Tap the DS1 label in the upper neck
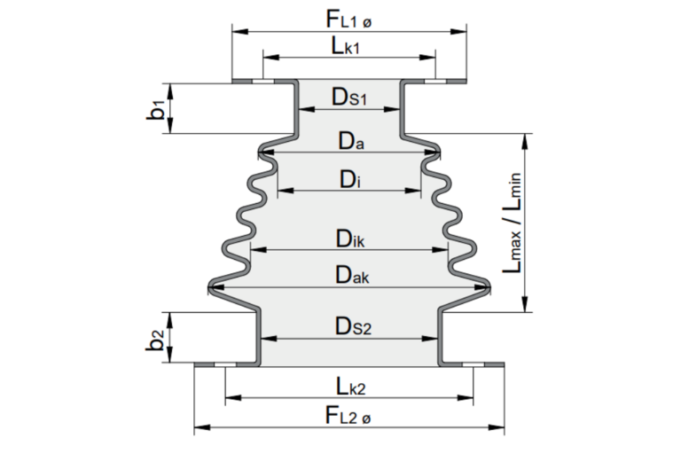[349, 97]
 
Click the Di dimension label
[348, 179]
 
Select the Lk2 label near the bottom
[350, 386]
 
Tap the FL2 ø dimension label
[350, 415]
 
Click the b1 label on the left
[156, 109]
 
